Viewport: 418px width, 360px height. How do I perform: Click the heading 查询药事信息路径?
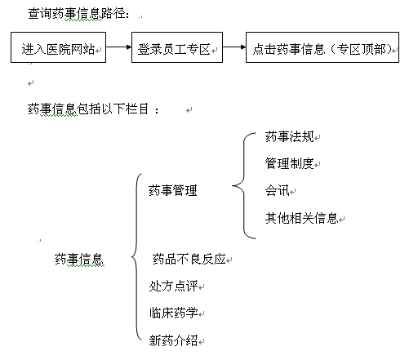tap(78, 14)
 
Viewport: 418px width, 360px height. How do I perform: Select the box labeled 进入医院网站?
tap(58, 47)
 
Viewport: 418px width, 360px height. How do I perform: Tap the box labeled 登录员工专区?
tap(177, 47)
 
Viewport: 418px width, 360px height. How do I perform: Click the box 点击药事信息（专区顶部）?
tap(322, 47)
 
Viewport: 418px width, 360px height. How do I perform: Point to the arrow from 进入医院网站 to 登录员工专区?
tap(118, 47)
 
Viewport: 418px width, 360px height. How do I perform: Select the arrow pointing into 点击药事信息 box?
tap(234, 47)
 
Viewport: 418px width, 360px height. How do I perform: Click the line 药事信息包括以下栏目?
tap(93, 109)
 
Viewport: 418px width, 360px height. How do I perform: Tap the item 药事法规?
tap(290, 136)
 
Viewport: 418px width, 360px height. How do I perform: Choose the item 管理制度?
tap(290, 163)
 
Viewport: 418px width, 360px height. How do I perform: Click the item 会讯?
tap(277, 190)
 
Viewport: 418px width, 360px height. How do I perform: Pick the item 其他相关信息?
tap(301, 218)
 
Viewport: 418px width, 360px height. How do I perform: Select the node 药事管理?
tap(173, 190)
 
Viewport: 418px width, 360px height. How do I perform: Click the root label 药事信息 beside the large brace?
tap(79, 259)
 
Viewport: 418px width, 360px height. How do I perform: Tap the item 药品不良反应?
tap(189, 259)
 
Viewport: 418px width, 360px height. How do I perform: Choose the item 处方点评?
tap(173, 286)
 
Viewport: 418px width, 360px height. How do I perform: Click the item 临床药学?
tap(173, 313)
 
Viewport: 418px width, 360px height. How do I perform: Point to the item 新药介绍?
tap(173, 340)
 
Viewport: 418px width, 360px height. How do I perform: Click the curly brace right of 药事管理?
tap(244, 186)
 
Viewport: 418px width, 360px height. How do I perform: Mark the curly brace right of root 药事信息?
tap(136, 256)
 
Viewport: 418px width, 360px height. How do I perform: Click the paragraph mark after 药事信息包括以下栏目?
tap(189, 110)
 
